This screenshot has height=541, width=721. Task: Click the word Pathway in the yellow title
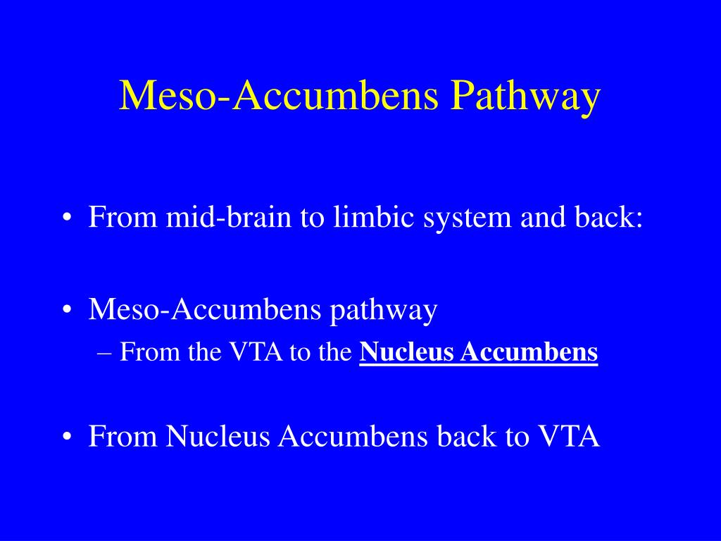[525, 96]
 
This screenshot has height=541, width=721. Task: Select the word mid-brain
[229, 216]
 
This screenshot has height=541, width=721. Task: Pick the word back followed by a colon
[605, 216]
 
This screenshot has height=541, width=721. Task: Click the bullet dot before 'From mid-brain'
[67, 218]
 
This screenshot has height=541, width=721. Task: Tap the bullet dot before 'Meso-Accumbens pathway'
[67, 310]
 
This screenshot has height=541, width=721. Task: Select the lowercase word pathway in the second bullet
[383, 311]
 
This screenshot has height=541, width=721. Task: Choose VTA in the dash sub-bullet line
[256, 352]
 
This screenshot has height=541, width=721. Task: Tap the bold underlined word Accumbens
[529, 352]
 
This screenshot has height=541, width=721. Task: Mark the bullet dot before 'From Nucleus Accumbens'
[67, 437]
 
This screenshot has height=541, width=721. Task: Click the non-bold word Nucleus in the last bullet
[218, 435]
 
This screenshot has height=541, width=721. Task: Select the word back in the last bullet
[467, 435]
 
